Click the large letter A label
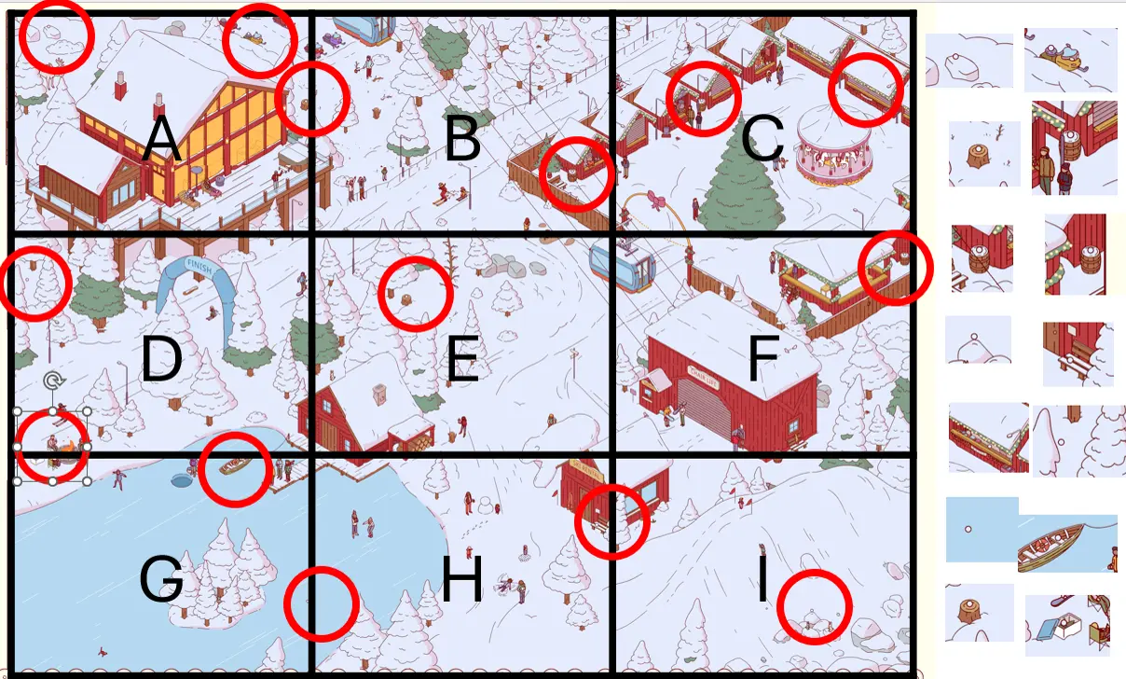pos(161,141)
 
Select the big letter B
pos(462,141)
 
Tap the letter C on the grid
pos(762,141)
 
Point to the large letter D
pos(161,361)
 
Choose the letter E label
pos(462,361)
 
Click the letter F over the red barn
pos(762,361)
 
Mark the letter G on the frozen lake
pos(161,579)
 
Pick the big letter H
pos(462,581)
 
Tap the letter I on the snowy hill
pos(762,579)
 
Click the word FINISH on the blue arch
pos(198,265)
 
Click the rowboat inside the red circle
pos(234,464)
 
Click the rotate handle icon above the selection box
pos(54,381)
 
